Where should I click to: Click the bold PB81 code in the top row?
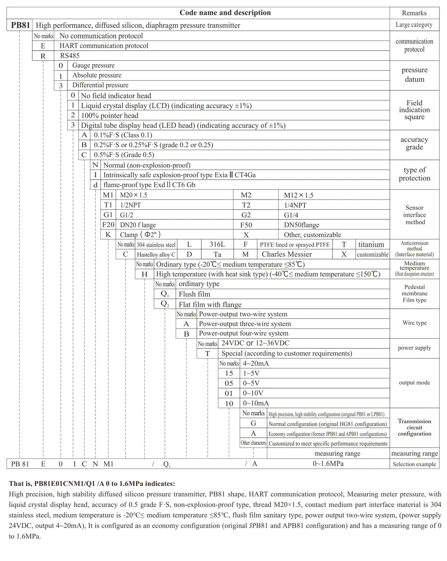pos(20,25)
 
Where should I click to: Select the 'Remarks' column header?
pos(414,13)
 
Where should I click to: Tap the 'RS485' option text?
pos(70,56)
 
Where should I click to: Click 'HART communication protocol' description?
pos(104,46)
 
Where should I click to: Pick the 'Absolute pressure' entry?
pos(97,75)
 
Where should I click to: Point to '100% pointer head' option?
pos(110,116)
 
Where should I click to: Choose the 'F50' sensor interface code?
pos(246,225)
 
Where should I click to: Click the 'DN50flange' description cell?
pos(301,225)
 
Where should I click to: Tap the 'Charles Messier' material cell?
pos(287,254)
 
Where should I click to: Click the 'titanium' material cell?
pos(371,245)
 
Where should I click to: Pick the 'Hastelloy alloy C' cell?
pos(156,255)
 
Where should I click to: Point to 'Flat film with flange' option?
pos(210,305)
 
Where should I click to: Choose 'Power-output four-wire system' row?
pos(244,333)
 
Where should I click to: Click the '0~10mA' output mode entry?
pos(256,403)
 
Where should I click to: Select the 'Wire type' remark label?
pos(414,323)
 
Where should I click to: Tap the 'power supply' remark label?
pos(414,348)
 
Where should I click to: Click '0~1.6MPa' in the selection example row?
pos(328,464)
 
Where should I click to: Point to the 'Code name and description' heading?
pos(225,13)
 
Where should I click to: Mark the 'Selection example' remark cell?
pos(414,464)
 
